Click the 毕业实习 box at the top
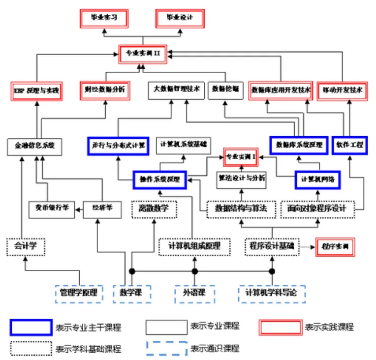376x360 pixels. pyautogui.click(x=104, y=18)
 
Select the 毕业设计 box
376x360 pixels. pyautogui.click(x=180, y=18)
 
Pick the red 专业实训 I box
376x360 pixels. pyautogui.click(x=241, y=157)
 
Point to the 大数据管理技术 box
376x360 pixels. pyautogui.click(x=176, y=90)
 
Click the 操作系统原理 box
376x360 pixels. pyautogui.click(x=160, y=180)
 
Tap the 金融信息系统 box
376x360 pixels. pyautogui.click(x=34, y=146)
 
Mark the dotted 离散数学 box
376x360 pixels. pyautogui.click(x=154, y=209)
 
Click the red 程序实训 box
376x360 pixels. pyautogui.click(x=335, y=246)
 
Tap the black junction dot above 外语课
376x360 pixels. pyautogui.click(x=195, y=271)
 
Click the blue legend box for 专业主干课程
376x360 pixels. pyautogui.click(x=31, y=327)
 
